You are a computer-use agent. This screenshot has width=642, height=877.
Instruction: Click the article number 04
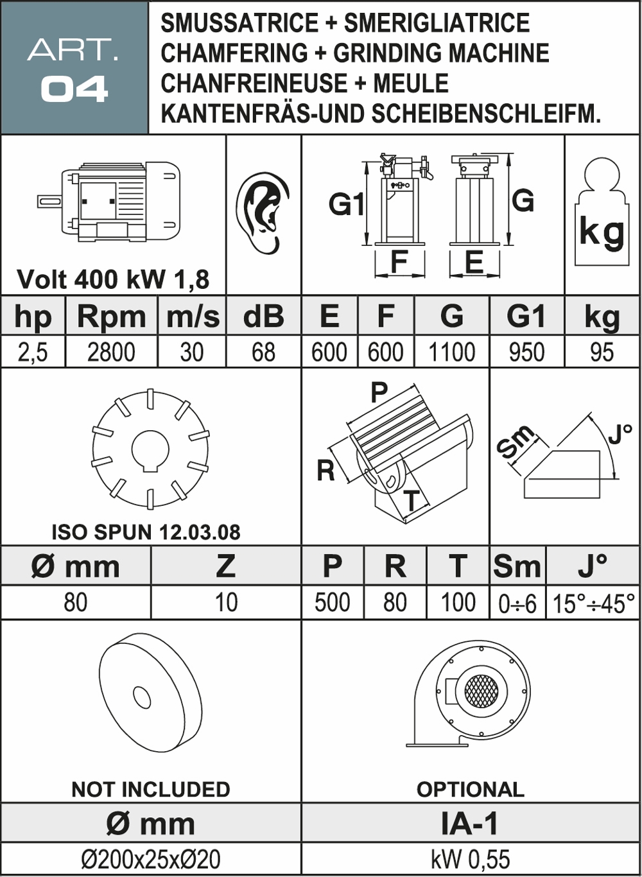click(x=74, y=89)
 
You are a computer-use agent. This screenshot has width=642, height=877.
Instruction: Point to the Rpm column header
click(x=111, y=317)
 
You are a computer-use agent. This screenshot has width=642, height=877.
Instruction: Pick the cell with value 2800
click(x=111, y=352)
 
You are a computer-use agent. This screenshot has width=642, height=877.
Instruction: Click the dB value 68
click(x=263, y=352)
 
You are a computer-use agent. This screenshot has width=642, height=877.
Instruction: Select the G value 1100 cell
click(x=451, y=352)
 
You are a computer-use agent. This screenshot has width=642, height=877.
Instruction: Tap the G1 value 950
click(x=526, y=352)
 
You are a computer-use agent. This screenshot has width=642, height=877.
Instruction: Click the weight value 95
click(x=602, y=352)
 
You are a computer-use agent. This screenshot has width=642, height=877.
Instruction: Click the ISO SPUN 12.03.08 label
click(x=146, y=532)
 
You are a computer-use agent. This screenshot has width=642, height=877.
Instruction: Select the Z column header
click(x=225, y=566)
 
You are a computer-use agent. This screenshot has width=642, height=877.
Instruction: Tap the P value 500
click(x=332, y=603)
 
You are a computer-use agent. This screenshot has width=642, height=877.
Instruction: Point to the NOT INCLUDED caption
click(x=151, y=789)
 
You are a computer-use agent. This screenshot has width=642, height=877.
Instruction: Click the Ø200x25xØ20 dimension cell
click(x=151, y=859)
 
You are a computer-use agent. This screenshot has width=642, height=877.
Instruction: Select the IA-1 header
click(x=470, y=824)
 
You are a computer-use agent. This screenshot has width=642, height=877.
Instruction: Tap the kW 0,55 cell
click(x=470, y=859)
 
